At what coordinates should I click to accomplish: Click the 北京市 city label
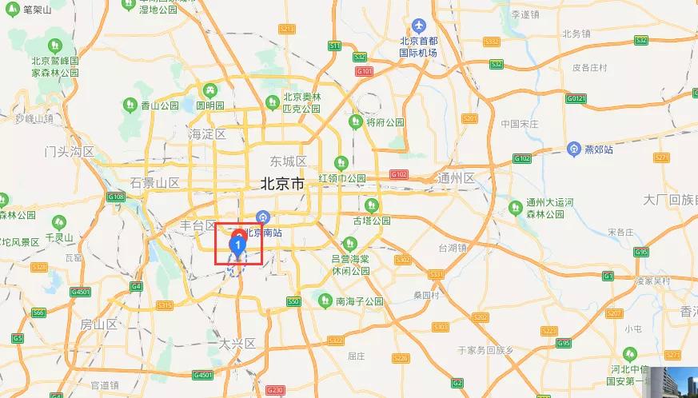click(x=282, y=184)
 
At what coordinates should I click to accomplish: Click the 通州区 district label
click(x=457, y=177)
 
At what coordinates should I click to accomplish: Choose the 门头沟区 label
click(x=70, y=151)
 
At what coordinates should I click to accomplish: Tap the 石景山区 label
click(x=155, y=183)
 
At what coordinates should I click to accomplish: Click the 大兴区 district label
click(x=237, y=344)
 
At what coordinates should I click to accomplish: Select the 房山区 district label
click(x=99, y=324)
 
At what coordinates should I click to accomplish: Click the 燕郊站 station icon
click(x=573, y=149)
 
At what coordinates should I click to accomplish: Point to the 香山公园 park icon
click(x=130, y=105)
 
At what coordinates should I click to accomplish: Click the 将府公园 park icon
click(x=355, y=122)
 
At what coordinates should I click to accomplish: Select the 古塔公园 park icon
click(x=370, y=205)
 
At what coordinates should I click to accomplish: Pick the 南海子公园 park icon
click(x=325, y=301)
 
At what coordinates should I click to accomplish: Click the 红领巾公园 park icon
click(x=341, y=163)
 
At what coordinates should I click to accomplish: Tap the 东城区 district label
click(x=289, y=161)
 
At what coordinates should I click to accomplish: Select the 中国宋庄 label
click(x=521, y=124)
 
